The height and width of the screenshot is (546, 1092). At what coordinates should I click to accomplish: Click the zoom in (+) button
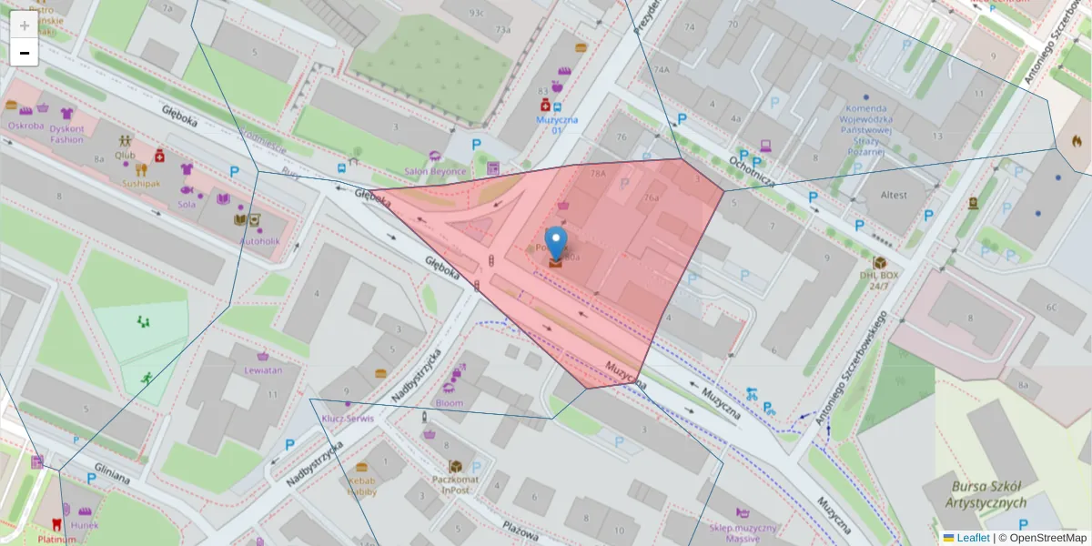25,25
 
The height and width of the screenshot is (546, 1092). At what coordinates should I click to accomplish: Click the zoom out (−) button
25,53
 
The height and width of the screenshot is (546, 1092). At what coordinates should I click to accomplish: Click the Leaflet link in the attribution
973,538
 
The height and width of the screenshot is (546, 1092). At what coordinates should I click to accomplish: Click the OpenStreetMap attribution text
1047,538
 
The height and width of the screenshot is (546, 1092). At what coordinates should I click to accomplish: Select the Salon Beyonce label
435,171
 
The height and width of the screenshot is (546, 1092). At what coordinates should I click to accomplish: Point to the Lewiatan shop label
263,370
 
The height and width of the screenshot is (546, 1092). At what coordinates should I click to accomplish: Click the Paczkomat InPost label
456,485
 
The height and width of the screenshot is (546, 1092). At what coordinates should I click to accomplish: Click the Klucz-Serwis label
348,419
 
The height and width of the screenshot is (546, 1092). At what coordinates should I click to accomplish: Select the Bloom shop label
450,403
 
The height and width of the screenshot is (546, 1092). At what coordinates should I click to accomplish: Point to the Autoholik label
261,241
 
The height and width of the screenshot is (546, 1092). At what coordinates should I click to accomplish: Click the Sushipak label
141,183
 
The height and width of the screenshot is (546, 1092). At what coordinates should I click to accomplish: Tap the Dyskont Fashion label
66,134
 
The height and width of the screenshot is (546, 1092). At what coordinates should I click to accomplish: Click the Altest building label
894,195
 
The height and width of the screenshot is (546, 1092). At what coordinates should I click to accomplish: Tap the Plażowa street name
522,528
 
